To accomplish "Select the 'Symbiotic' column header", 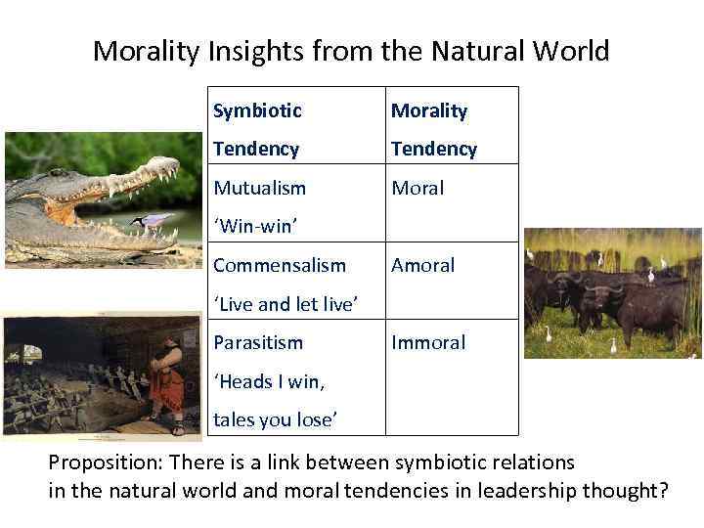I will point(257,111).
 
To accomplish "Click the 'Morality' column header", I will point(429,111).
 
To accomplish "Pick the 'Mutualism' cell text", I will point(259,188).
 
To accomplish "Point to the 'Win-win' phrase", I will point(255,227).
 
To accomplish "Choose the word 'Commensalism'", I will point(280,265).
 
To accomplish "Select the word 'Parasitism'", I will point(258,342).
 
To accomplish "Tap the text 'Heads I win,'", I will point(269,381).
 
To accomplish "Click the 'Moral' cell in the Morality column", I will point(418,188).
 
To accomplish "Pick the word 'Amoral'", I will point(423,265).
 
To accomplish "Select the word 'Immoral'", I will point(428,342).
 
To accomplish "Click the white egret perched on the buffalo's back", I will point(649,275).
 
